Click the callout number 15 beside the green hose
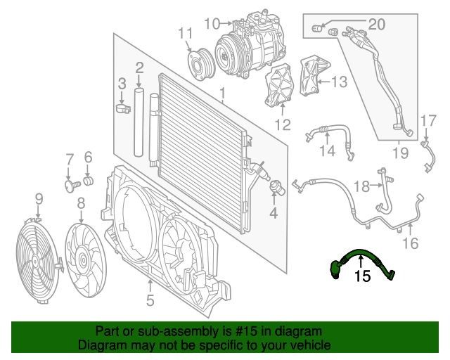362,276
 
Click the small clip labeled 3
122,109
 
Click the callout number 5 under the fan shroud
150,302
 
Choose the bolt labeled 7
70,186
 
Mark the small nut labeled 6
89,182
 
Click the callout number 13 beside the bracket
338,82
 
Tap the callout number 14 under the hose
328,151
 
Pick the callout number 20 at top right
377,25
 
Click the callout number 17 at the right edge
429,120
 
